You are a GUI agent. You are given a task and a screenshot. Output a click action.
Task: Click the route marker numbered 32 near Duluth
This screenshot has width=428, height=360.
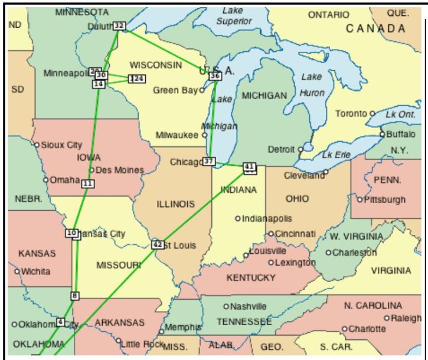(x=119, y=25)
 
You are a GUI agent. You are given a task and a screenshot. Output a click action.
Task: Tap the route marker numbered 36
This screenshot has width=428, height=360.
(x=215, y=76)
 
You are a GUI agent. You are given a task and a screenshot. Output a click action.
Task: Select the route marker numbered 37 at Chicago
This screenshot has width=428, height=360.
(x=208, y=161)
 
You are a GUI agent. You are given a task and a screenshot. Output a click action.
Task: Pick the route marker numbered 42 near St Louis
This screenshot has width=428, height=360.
(x=157, y=244)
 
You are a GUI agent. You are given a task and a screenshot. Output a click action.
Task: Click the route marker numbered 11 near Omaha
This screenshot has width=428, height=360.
(x=88, y=184)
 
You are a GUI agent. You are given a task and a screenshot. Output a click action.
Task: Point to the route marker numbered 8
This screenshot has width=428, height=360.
(x=74, y=295)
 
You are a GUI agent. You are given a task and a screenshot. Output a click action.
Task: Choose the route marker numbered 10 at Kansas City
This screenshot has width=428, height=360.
(x=72, y=233)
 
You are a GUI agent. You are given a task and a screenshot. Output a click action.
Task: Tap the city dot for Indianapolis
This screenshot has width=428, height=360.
(x=238, y=218)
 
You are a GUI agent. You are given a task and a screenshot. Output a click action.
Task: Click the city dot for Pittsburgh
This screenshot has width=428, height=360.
(x=360, y=199)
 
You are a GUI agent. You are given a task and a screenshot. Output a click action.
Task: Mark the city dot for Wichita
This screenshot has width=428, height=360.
(x=17, y=271)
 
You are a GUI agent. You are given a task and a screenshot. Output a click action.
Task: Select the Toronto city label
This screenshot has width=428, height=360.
(x=352, y=113)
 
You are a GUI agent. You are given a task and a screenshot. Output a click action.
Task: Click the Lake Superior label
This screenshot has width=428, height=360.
(x=233, y=16)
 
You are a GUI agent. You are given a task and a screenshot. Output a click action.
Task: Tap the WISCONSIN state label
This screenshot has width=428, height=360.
(x=156, y=65)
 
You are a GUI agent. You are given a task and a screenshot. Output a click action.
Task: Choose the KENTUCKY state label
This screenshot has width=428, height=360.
(x=251, y=277)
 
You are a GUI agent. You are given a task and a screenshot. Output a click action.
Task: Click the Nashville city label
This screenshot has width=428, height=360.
(x=249, y=306)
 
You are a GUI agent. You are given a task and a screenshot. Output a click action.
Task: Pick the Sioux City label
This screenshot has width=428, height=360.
(x=61, y=145)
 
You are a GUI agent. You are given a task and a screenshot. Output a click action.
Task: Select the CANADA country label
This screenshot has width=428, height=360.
(x=375, y=28)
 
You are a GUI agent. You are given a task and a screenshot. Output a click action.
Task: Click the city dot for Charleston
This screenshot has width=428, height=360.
(x=329, y=253)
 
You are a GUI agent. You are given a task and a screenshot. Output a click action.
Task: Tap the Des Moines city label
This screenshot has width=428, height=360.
(x=120, y=170)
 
